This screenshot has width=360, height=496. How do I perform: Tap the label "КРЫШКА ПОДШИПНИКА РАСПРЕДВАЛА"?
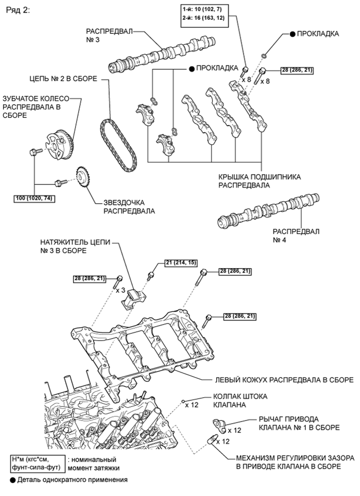[259, 180]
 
